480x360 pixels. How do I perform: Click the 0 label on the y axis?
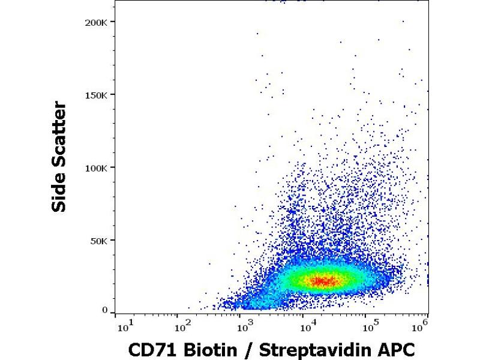[x=104, y=311]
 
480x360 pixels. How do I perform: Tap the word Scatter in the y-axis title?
[x=59, y=135]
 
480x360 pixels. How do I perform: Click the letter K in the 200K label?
[x=106, y=22]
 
